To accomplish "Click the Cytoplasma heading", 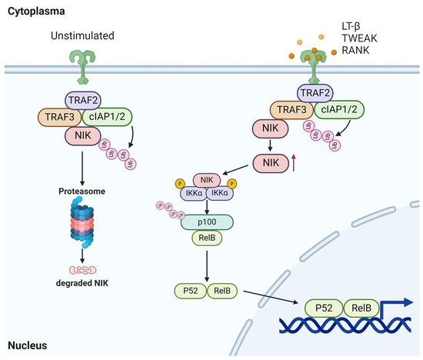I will tap(29, 13).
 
